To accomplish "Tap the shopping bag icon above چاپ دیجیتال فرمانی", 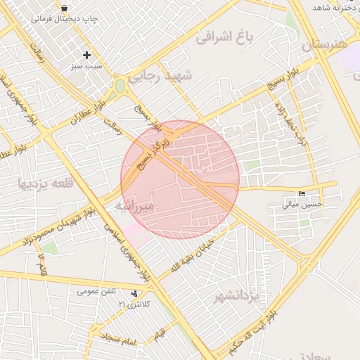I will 65,8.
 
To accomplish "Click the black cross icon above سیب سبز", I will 86,55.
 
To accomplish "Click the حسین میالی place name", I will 302,205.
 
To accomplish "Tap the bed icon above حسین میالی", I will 302,193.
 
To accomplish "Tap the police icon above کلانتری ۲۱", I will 134,292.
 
